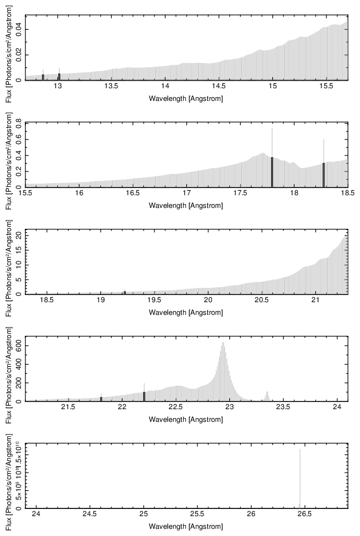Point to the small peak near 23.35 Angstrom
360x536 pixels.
(267, 393)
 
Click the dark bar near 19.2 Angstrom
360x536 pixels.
(125, 292)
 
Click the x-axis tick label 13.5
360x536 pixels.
(111, 87)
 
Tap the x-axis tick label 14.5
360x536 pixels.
(219, 87)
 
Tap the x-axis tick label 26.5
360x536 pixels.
(304, 516)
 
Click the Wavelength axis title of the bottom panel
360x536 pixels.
(186, 527)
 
